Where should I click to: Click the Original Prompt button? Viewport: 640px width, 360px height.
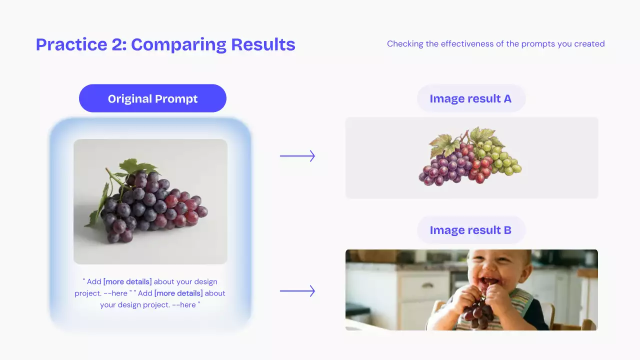152,98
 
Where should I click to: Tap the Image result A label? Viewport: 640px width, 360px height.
471,98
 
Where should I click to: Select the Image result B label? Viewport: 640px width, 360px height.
471,230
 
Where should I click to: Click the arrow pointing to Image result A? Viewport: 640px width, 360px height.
297,156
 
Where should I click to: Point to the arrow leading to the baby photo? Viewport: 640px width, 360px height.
297,291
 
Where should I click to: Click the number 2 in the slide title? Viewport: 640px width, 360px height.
117,44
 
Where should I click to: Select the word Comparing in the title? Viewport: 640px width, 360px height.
179,45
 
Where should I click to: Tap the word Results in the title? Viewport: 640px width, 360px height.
263,44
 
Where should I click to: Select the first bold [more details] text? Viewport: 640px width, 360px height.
127,281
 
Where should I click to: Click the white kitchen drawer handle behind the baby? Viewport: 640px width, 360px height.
427,285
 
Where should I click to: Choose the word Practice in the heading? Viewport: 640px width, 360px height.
71,44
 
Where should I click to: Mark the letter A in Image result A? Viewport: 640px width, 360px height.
507,98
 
